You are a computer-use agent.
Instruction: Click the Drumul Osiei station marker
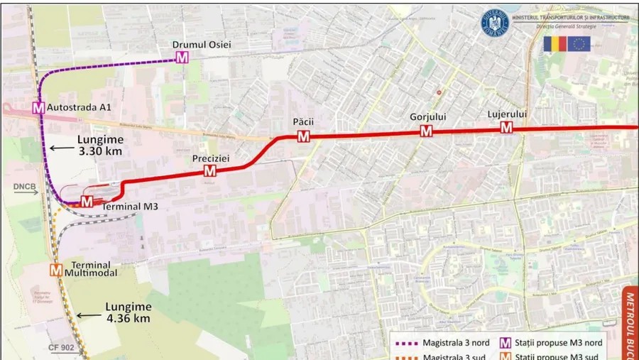click(182, 58)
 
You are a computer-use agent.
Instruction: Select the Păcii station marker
click(303, 136)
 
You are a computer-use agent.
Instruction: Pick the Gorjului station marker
click(426, 131)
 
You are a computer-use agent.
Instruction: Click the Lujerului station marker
click(506, 127)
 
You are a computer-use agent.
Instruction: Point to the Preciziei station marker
click(209, 170)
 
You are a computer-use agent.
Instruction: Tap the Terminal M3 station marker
click(87, 201)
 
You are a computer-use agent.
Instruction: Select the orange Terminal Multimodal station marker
click(56, 270)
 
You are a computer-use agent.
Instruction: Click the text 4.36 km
click(128, 319)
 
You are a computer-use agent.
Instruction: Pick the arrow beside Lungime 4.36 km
click(89, 315)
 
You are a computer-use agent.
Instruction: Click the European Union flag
click(579, 43)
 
